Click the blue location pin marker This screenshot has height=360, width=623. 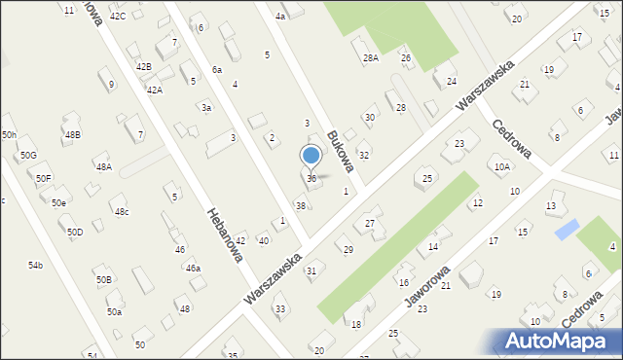click(x=311, y=156)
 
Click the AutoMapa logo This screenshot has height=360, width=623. click(x=559, y=341)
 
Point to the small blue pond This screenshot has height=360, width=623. click(x=566, y=230)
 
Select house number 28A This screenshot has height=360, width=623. click(x=371, y=58)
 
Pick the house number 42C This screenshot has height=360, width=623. click(x=118, y=17)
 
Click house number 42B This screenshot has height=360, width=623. click(x=144, y=66)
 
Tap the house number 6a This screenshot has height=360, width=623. click(x=216, y=70)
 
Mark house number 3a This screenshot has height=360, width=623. click(x=206, y=108)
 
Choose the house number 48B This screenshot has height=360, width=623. click(x=72, y=134)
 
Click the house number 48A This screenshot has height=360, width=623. click(x=103, y=167)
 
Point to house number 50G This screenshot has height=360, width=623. click(x=28, y=156)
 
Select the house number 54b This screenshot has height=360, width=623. click(x=35, y=265)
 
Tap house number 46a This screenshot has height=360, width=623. click(x=193, y=268)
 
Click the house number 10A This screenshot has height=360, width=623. click(x=501, y=167)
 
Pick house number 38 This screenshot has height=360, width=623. click(x=301, y=206)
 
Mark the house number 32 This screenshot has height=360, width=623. click(x=363, y=156)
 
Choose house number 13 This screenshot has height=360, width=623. click(x=551, y=206)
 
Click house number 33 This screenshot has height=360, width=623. click(x=280, y=309)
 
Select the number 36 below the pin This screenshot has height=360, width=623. click(x=311, y=179)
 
